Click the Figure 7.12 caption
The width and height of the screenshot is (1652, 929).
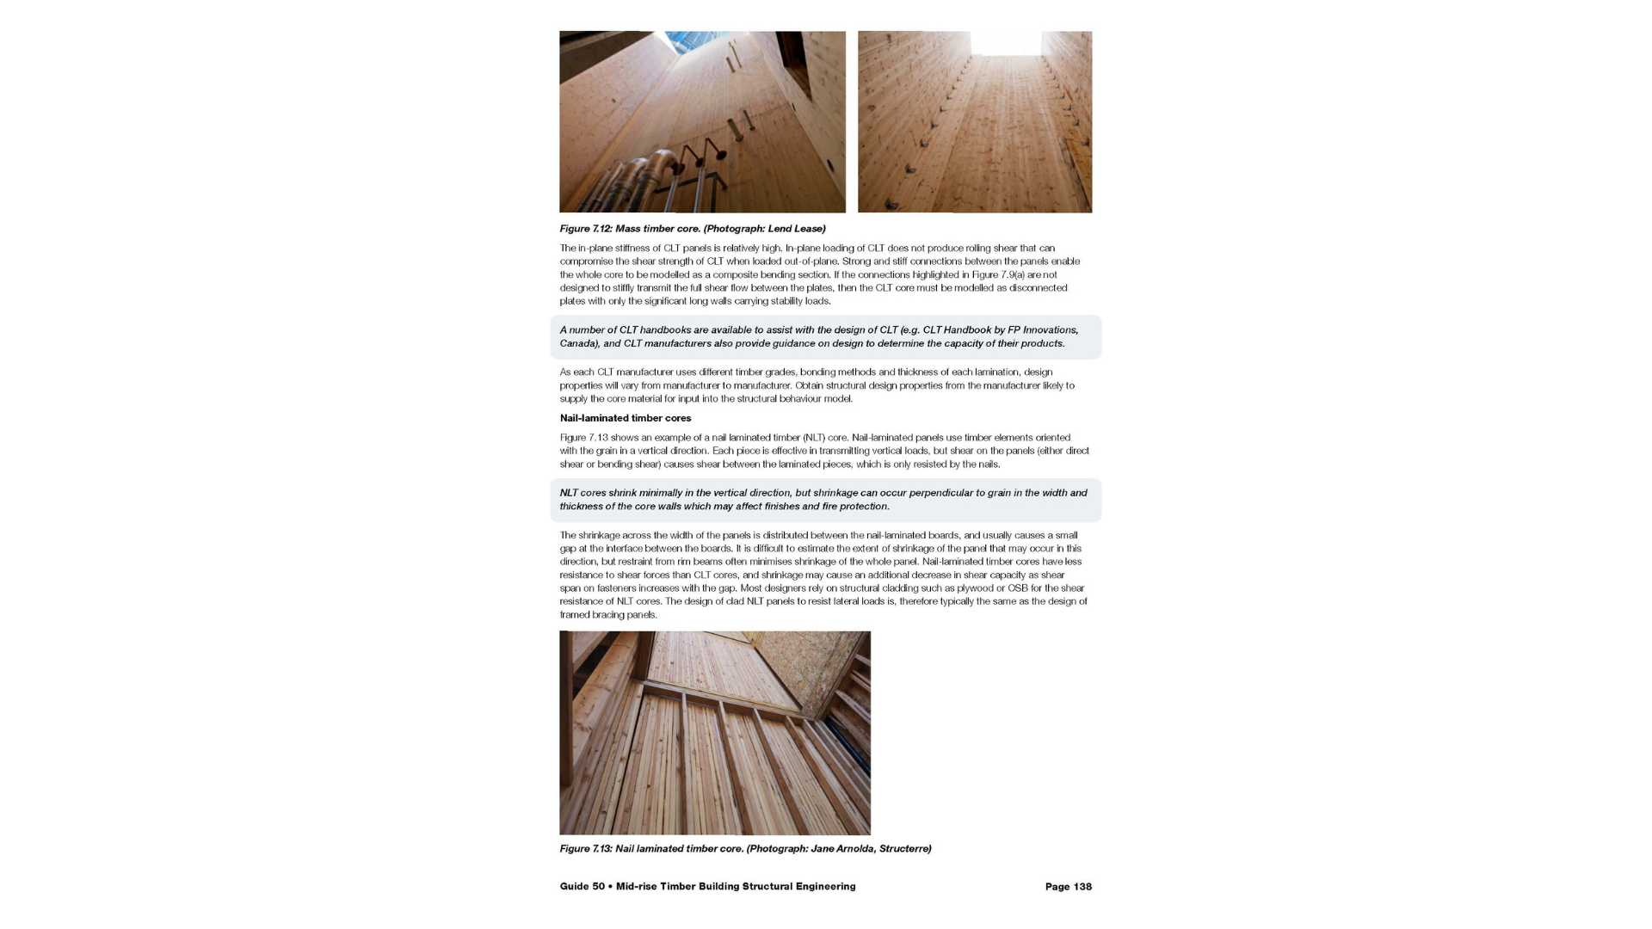692,229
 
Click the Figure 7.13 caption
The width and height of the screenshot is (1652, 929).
745,849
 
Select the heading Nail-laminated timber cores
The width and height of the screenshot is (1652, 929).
626,418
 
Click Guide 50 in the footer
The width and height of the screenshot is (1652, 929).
582,887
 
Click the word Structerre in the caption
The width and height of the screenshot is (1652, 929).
903,849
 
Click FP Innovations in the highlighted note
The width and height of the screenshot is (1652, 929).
1043,330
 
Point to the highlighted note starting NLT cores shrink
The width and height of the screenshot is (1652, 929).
824,500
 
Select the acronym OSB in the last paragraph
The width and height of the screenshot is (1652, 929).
1018,588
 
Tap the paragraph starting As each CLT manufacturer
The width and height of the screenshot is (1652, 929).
817,385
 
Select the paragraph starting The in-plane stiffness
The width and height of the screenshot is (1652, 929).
817,274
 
